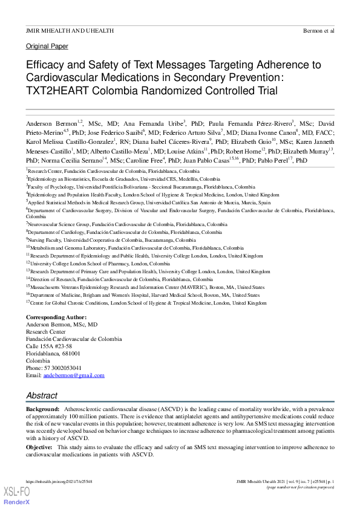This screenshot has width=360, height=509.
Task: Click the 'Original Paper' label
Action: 47,46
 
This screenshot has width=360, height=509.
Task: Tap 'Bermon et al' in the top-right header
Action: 318,30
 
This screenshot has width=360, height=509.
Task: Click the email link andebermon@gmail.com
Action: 74,375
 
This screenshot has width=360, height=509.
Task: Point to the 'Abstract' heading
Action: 42,395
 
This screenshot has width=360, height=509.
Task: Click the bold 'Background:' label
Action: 42,409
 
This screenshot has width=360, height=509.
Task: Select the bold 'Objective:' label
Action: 39,447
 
